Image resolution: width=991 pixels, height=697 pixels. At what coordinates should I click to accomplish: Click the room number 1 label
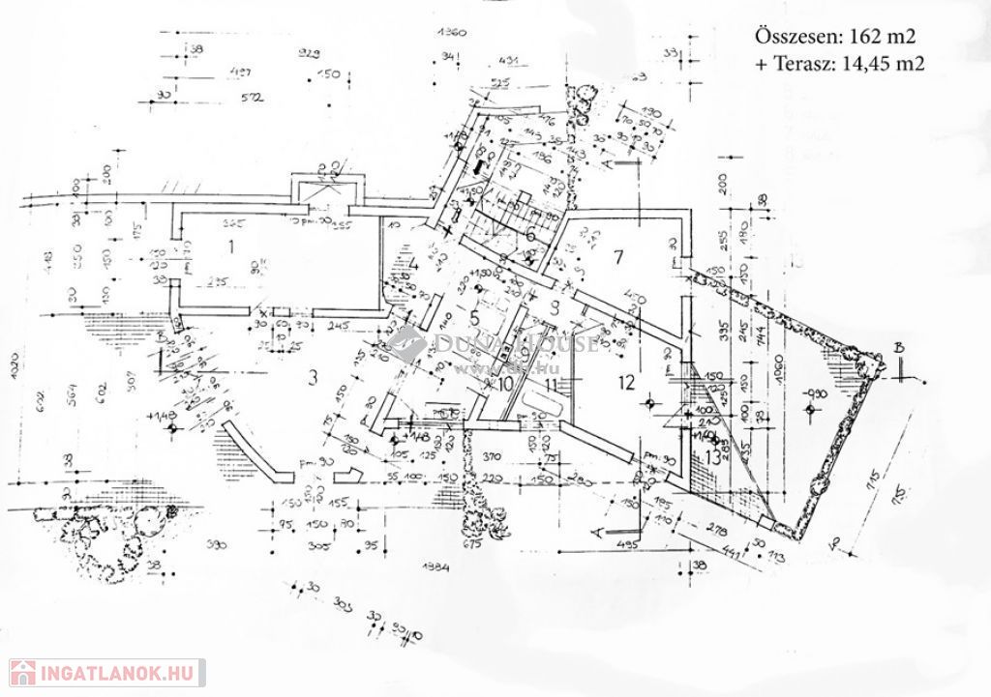coord(230,246)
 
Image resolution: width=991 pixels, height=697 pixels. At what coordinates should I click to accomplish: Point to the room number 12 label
coord(626,382)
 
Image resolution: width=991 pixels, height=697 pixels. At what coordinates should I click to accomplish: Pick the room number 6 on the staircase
coord(530,237)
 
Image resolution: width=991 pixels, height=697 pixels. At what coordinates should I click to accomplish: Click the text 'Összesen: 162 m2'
coord(834,37)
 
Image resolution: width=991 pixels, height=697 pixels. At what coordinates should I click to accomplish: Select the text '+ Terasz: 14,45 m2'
coord(839,65)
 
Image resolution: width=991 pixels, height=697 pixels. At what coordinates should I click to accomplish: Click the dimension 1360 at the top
coord(452,33)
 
